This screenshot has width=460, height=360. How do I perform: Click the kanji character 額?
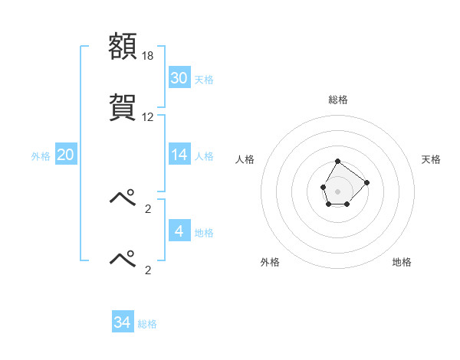123,47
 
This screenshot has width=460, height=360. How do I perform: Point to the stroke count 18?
149,56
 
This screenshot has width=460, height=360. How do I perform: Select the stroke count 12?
148,117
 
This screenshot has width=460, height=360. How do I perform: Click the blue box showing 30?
179,78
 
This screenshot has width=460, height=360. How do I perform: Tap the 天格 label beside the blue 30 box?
204,80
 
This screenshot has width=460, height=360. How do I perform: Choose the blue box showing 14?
179,155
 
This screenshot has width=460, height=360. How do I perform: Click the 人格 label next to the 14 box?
204,156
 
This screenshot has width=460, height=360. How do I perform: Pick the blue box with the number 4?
179,231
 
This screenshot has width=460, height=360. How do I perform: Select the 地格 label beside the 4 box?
204,233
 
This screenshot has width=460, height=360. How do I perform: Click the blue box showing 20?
66,155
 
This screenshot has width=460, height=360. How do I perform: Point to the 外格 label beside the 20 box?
41,156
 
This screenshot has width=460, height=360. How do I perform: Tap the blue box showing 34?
123,322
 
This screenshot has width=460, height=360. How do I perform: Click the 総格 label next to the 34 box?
147,325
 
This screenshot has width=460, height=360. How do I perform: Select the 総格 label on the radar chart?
338,100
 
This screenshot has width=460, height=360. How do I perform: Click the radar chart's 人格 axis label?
245,159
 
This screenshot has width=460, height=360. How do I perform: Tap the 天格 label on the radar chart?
431,159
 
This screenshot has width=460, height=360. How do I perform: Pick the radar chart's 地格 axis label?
402,262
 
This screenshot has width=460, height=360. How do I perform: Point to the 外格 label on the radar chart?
270,262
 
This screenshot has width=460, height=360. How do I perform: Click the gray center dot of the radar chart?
338,190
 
